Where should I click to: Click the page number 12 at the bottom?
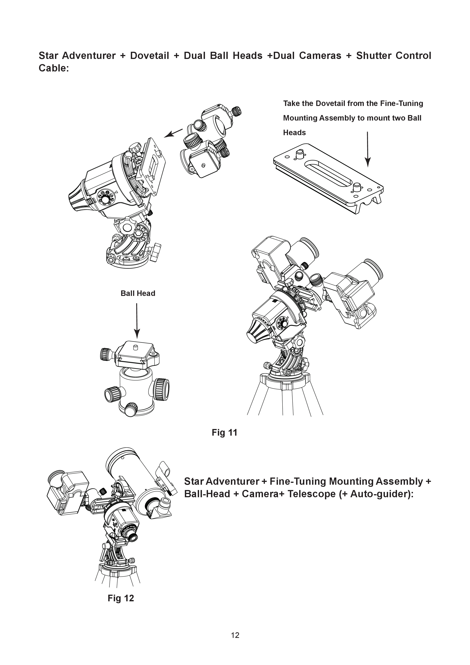pos(235,635)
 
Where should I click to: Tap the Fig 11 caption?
pos(224,432)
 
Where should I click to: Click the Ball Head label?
pos(138,293)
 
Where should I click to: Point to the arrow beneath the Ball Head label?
pos(137,320)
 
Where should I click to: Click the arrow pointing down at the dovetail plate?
pos(367,149)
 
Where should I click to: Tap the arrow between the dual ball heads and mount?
pos(173,133)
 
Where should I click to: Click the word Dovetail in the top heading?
pos(149,56)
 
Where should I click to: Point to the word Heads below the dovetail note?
pos(294,133)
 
